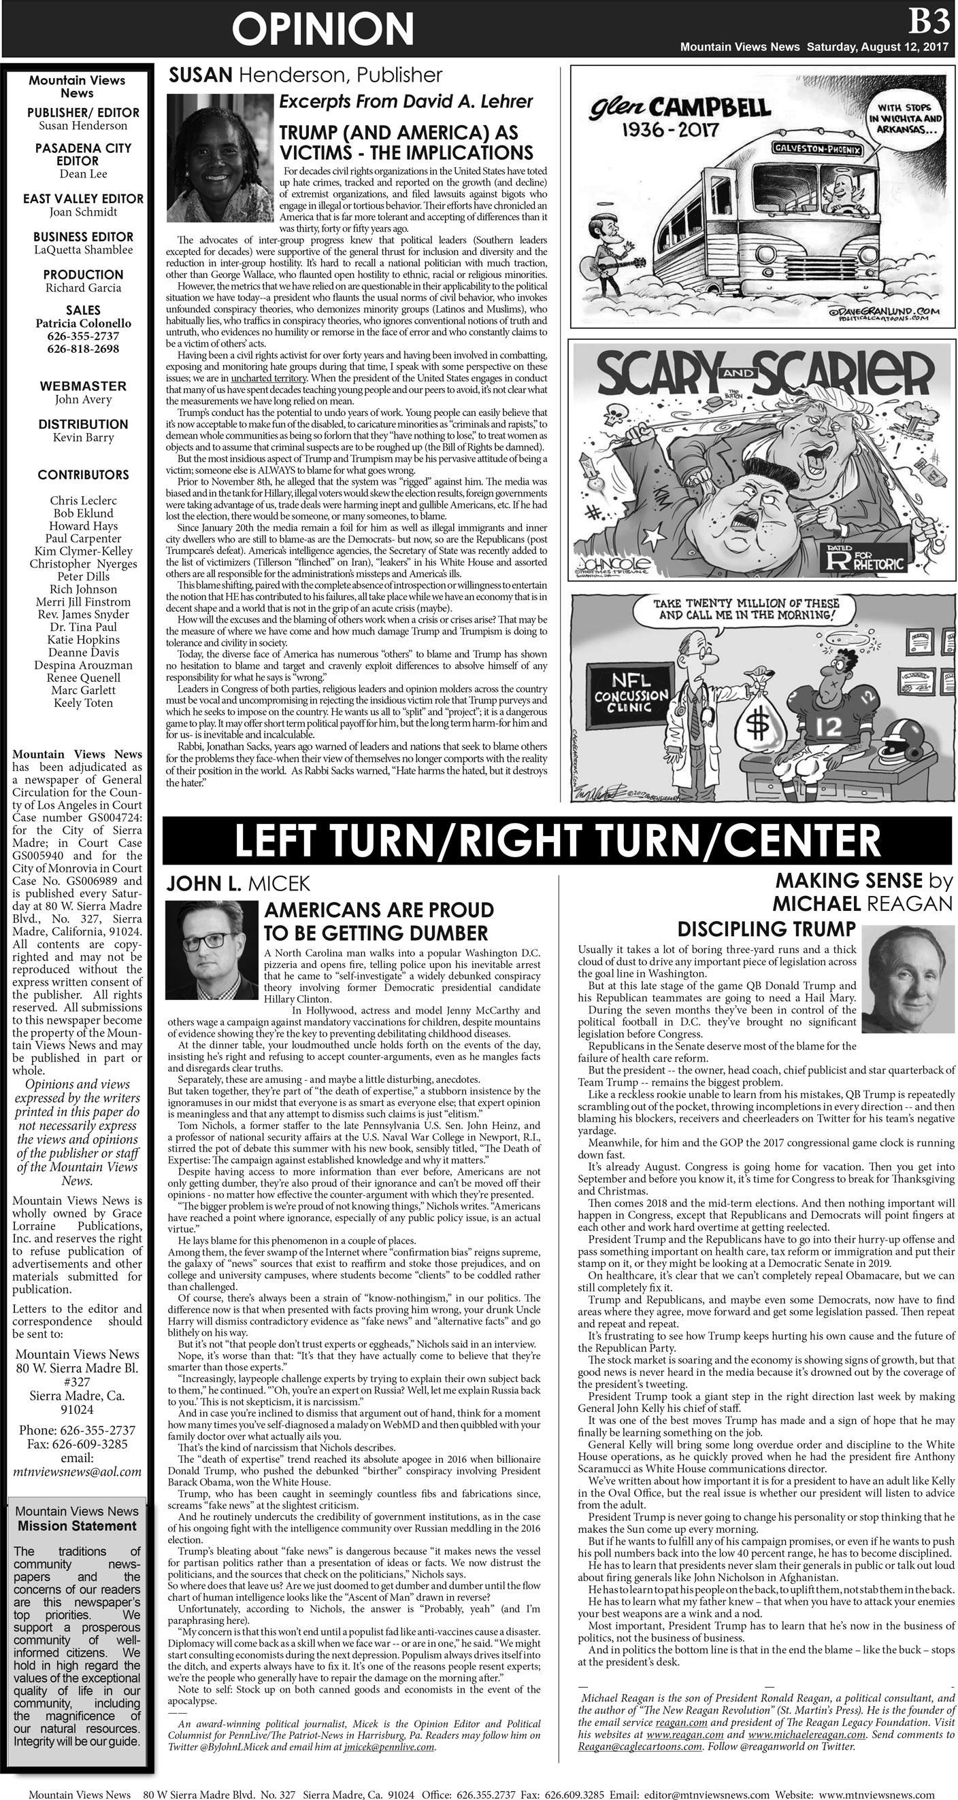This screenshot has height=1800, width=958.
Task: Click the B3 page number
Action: tap(929, 22)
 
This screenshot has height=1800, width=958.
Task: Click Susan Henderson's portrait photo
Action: tap(220, 158)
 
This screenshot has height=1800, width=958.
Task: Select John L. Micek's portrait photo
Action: tap(212, 950)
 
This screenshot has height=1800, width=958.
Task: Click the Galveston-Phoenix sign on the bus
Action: tap(817, 149)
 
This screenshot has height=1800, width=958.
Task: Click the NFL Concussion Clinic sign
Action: tap(631, 691)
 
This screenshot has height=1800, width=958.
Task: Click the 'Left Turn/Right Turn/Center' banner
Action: tap(557, 840)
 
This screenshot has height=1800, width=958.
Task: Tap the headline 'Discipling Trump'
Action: tap(766, 929)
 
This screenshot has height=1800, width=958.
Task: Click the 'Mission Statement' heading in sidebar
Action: tap(77, 1525)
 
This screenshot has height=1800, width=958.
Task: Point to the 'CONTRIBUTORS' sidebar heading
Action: tap(83, 475)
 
